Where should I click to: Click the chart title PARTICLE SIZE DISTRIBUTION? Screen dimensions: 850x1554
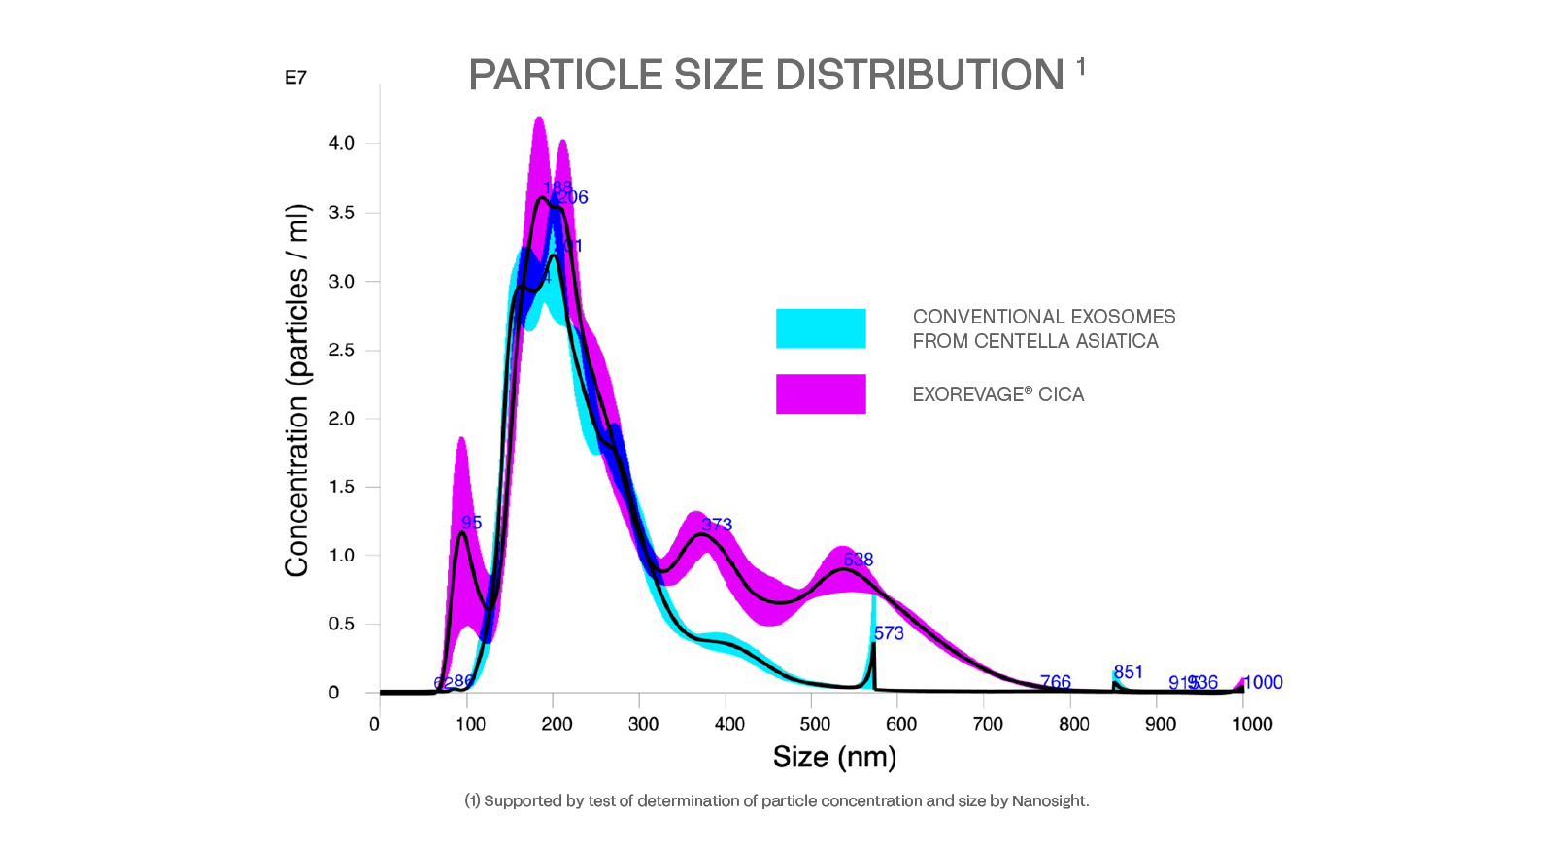point(765,76)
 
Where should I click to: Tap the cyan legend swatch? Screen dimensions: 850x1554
point(821,328)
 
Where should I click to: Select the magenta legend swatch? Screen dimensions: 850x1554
point(821,394)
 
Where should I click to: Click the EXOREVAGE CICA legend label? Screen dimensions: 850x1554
point(997,394)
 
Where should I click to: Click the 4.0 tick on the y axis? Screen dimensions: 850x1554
point(342,143)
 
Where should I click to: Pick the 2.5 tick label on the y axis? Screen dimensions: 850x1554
point(342,350)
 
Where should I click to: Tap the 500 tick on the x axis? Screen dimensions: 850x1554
point(815,724)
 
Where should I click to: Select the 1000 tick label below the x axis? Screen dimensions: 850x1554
point(1252,724)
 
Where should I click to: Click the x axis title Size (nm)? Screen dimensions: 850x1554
point(834,757)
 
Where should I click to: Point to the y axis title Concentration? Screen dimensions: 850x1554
point(297,391)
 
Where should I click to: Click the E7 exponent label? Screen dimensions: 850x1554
point(295,78)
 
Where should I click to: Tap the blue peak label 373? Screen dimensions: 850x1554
point(717,525)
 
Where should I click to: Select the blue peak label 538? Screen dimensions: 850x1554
point(859,560)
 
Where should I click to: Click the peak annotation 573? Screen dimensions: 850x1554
point(889,633)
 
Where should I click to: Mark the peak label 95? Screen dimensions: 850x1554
point(471,523)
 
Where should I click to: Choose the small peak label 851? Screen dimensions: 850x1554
point(1129,672)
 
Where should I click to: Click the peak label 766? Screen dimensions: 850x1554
point(1056,682)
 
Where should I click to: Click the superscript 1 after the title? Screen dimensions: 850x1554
point(1081,67)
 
